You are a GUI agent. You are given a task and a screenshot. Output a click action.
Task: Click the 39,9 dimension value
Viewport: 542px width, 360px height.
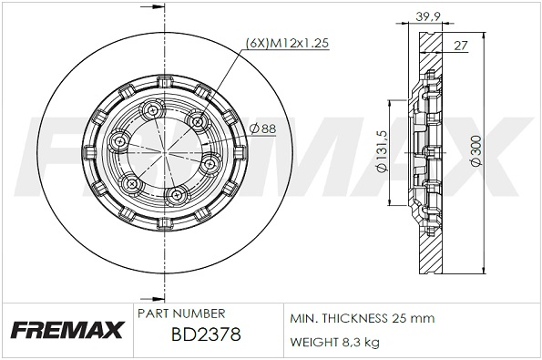click(427, 15)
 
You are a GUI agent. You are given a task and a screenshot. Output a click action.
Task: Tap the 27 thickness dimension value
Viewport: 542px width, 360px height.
click(460, 46)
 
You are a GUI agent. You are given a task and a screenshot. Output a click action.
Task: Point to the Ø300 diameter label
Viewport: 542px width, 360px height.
click(476, 150)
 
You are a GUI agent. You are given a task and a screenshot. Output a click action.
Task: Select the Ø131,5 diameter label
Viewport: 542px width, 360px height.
click(382, 151)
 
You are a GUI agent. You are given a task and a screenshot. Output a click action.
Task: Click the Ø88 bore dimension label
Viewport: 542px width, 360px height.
click(262, 129)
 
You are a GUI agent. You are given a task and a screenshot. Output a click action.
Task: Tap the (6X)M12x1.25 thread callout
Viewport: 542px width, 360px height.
click(287, 43)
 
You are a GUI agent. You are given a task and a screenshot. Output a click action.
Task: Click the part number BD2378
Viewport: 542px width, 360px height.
click(206, 334)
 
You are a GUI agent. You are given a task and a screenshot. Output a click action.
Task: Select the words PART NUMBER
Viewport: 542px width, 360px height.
click(181, 314)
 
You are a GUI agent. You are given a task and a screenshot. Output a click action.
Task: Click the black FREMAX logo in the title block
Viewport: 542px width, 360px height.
click(67, 330)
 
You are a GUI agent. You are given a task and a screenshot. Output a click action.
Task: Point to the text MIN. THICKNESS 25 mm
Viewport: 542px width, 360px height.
click(362, 318)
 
